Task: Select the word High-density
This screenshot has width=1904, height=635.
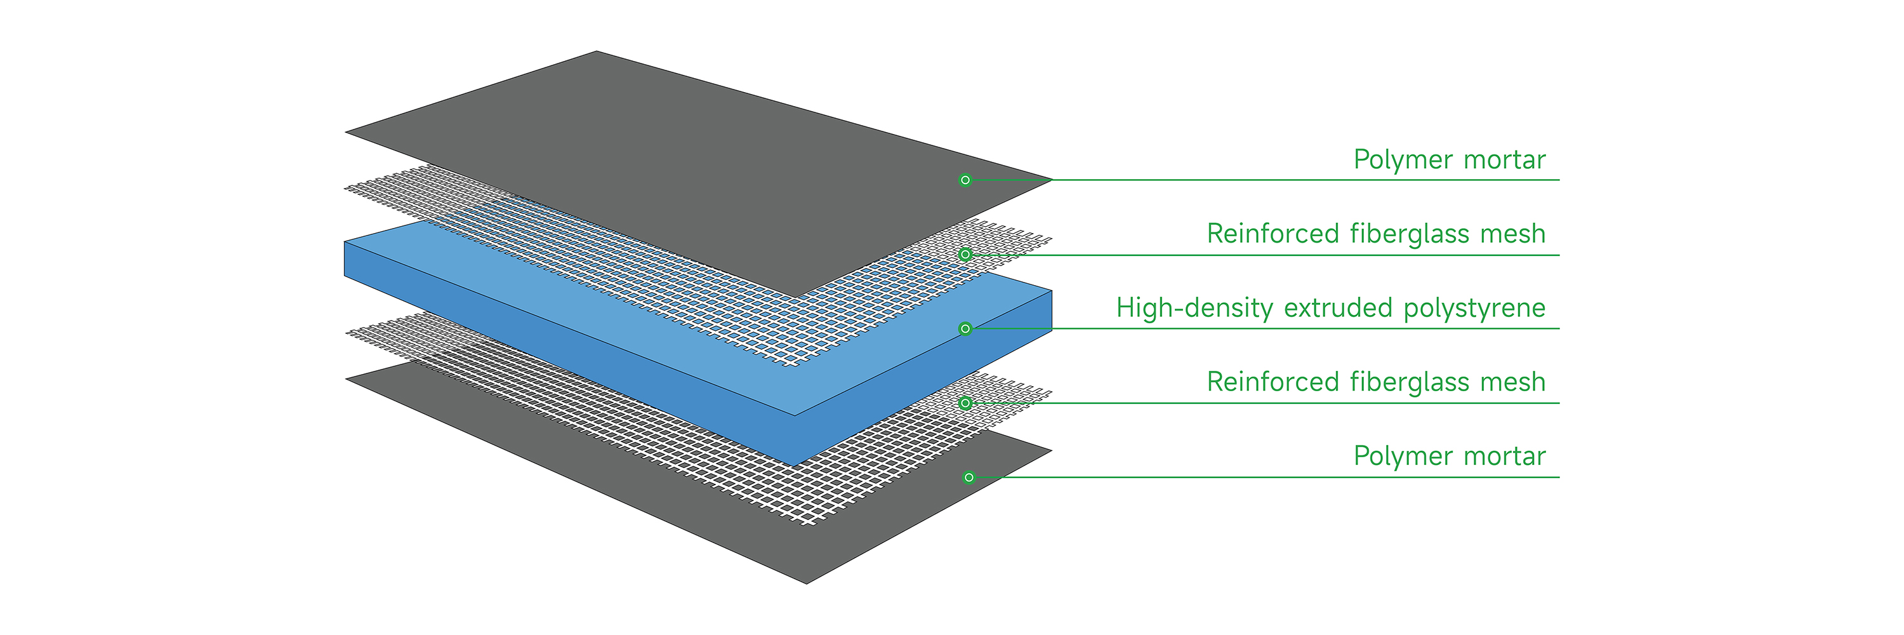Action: point(1194,308)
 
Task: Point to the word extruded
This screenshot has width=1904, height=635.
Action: point(1338,308)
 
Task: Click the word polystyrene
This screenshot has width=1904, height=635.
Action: point(1474,308)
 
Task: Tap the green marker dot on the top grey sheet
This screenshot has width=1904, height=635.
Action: point(965,180)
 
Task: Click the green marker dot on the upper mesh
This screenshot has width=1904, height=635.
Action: point(965,254)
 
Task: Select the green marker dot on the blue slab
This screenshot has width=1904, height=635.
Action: point(965,328)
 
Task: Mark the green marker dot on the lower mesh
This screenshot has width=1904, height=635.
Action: point(965,403)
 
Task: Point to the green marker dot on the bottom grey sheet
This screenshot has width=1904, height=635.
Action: point(969,478)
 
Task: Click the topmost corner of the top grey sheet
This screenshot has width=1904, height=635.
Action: point(597,51)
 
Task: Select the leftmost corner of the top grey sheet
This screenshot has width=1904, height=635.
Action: point(347,132)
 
